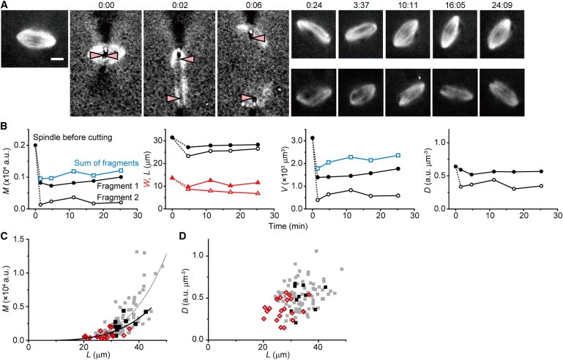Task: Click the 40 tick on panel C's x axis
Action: click(136, 349)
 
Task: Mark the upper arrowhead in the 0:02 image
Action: click(189, 58)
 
